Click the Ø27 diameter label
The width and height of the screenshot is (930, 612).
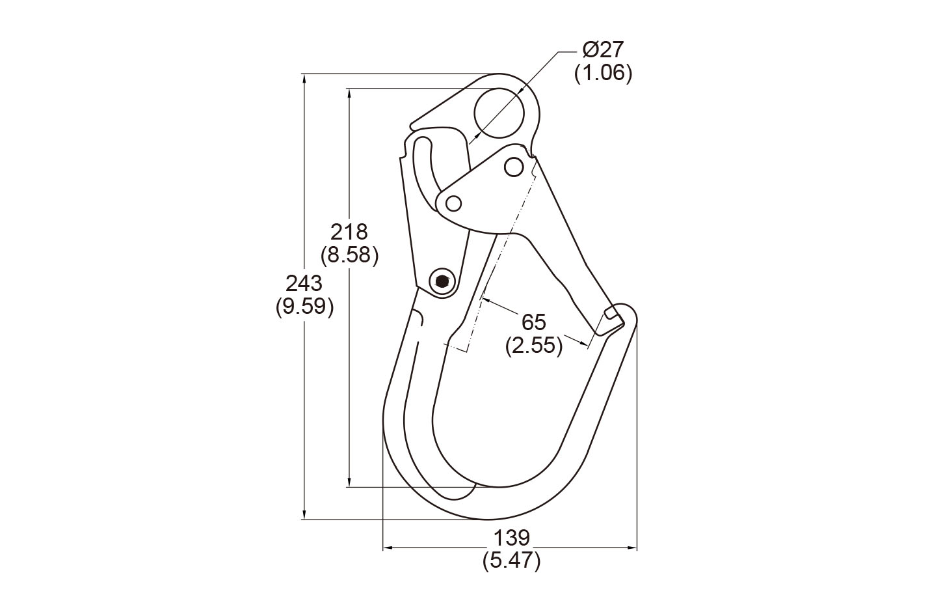(x=604, y=50)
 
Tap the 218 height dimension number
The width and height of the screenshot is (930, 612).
(x=349, y=232)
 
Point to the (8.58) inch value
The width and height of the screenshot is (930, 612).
(x=350, y=255)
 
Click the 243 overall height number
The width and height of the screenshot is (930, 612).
(x=304, y=284)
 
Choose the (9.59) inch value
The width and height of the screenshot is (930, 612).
(x=305, y=307)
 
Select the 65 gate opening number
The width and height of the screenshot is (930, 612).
(x=534, y=322)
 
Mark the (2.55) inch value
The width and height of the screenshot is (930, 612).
(x=534, y=345)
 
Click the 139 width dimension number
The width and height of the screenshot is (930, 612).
(x=511, y=538)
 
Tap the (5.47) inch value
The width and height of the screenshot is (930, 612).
(x=511, y=561)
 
